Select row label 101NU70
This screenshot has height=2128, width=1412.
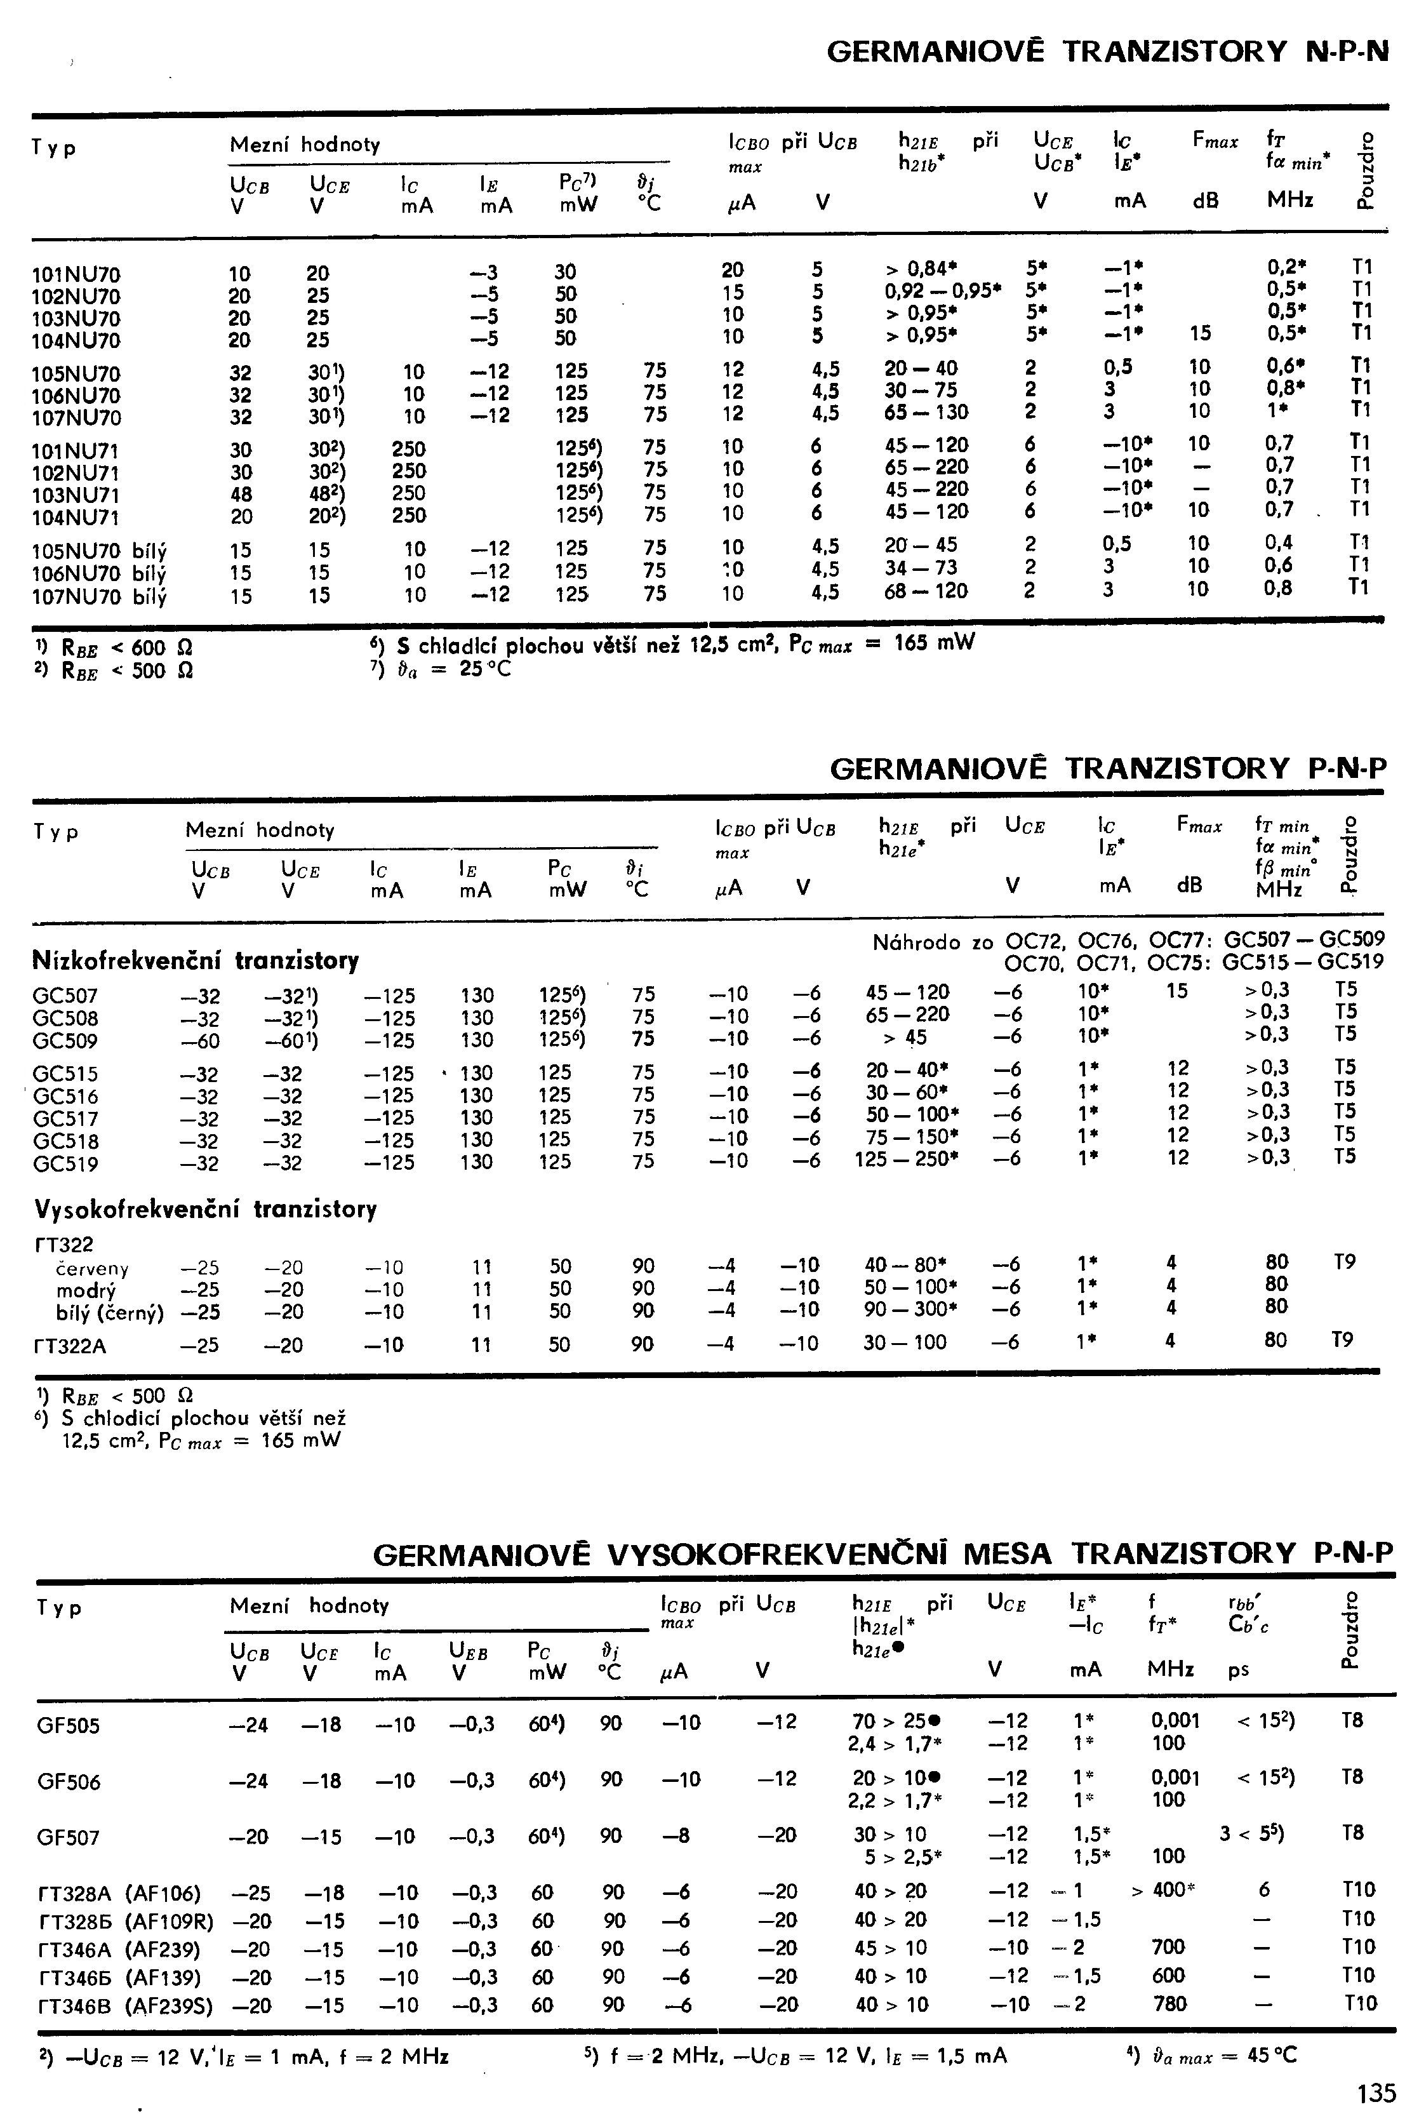(x=77, y=274)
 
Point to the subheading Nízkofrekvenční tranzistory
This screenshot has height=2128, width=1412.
(x=196, y=961)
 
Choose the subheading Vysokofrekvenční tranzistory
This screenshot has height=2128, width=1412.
(x=205, y=1208)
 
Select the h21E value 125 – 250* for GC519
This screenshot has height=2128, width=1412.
(x=906, y=1159)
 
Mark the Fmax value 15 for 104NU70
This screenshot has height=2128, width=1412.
(x=1199, y=334)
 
